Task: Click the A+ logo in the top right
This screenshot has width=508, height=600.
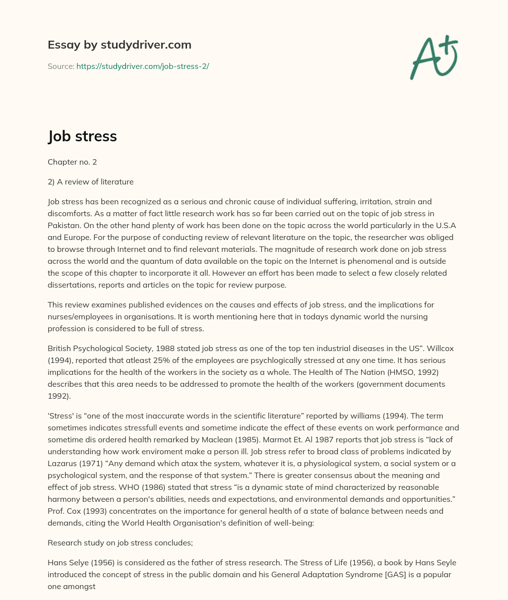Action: tap(434, 57)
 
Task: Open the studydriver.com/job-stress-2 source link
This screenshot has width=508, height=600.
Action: tap(142, 66)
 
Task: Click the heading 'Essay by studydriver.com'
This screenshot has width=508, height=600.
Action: tap(120, 45)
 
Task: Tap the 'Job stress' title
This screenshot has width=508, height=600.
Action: tap(82, 136)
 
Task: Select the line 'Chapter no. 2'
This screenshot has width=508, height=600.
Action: tap(69, 162)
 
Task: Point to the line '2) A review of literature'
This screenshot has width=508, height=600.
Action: tap(90, 182)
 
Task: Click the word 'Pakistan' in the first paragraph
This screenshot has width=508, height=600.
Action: tap(63, 226)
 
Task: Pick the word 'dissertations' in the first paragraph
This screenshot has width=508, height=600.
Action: tap(71, 285)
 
